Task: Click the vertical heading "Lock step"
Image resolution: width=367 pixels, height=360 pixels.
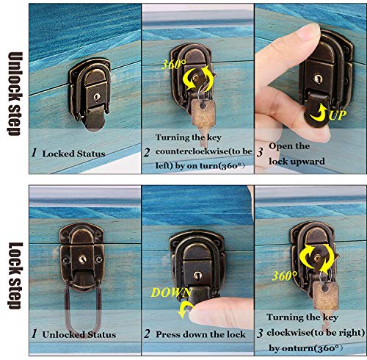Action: (15, 276)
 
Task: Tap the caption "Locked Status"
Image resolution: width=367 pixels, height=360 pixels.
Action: (73, 154)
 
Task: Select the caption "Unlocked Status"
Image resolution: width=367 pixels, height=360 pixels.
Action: (79, 334)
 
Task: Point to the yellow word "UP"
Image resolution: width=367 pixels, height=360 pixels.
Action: (338, 115)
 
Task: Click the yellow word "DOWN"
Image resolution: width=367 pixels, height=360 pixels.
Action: (171, 292)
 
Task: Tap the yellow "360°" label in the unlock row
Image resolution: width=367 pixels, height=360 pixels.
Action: (173, 65)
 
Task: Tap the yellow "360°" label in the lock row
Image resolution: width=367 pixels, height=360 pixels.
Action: (285, 276)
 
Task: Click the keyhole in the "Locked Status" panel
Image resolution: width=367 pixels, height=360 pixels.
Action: (97, 97)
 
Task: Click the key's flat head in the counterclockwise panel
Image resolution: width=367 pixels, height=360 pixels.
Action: (203, 113)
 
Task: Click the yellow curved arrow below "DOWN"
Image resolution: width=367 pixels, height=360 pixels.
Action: (184, 310)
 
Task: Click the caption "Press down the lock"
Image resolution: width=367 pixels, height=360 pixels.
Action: (200, 334)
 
